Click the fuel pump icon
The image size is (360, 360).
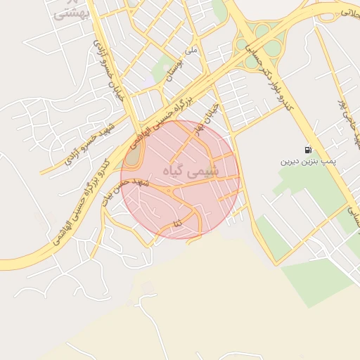[307, 150]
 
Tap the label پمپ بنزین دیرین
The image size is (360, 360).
[309, 161]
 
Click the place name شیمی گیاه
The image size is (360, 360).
[191, 171]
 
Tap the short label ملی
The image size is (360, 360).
[191, 51]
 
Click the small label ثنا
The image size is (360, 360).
[176, 223]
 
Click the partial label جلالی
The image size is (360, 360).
[349, 11]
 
